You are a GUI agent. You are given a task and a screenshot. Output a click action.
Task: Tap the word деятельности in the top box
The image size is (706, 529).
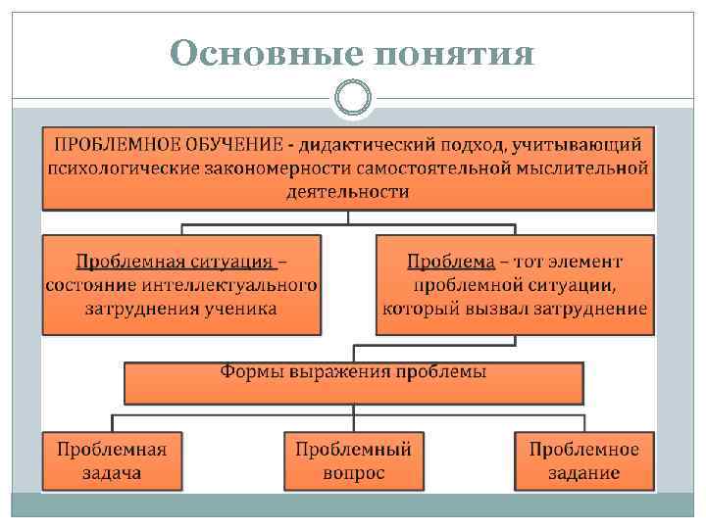(348, 191)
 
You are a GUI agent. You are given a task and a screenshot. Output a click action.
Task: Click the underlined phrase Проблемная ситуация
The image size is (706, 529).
(175, 262)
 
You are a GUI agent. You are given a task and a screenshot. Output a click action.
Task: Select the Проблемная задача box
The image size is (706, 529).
(112, 460)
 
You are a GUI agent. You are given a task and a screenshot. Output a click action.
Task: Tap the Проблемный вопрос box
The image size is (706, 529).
(353, 460)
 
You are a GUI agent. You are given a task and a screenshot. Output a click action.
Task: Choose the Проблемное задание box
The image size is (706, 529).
(583, 460)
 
